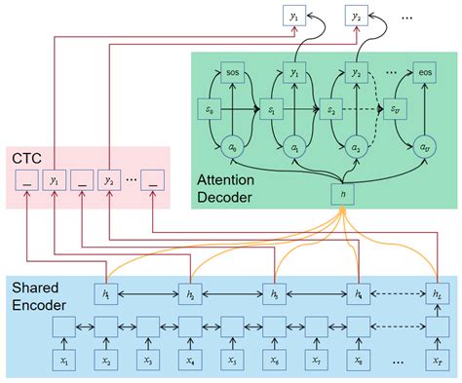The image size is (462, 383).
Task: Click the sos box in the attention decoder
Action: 233,73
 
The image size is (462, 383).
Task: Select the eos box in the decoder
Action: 424,73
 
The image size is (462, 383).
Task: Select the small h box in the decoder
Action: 339,193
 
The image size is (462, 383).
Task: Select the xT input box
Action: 438,361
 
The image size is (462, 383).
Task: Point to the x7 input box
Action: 316,361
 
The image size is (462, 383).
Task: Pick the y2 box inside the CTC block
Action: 107,179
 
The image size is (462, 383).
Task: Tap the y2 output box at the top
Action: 358,17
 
